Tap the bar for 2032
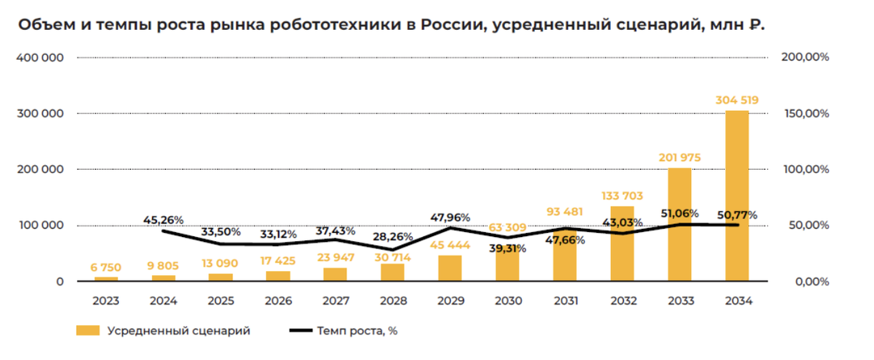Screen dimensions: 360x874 pyautogui.click(x=622, y=244)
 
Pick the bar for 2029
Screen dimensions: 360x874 pyautogui.click(x=450, y=269)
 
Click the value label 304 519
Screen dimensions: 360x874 pyautogui.click(x=736, y=100)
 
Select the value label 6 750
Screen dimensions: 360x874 pyautogui.click(x=105, y=267)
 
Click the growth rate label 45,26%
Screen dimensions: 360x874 pyautogui.click(x=163, y=219)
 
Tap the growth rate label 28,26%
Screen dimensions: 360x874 pyautogui.click(x=393, y=237)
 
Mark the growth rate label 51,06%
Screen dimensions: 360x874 pyautogui.click(x=679, y=214)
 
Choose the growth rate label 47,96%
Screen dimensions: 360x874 pyautogui.click(x=450, y=218)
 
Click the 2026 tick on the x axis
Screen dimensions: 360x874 pyautogui.click(x=278, y=301)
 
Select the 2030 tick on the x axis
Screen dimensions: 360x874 pyautogui.click(x=507, y=301)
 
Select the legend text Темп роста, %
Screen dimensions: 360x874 pyautogui.click(x=357, y=330)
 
